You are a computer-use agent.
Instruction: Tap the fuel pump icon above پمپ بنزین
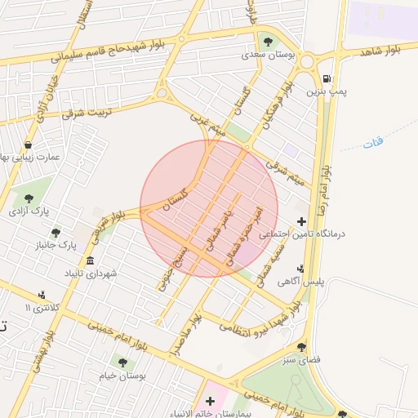point(327,79)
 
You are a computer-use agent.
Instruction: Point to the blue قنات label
point(373,144)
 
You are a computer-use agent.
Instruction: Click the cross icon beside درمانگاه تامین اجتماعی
point(301,221)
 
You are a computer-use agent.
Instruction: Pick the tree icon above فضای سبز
point(301,347)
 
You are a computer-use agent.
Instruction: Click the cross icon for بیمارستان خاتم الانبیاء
point(211,401)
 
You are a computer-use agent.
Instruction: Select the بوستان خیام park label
point(121,376)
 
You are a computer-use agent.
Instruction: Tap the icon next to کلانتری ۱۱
point(42,296)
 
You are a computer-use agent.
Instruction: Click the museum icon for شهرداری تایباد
point(90,260)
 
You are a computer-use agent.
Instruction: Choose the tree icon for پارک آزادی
point(29,198)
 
